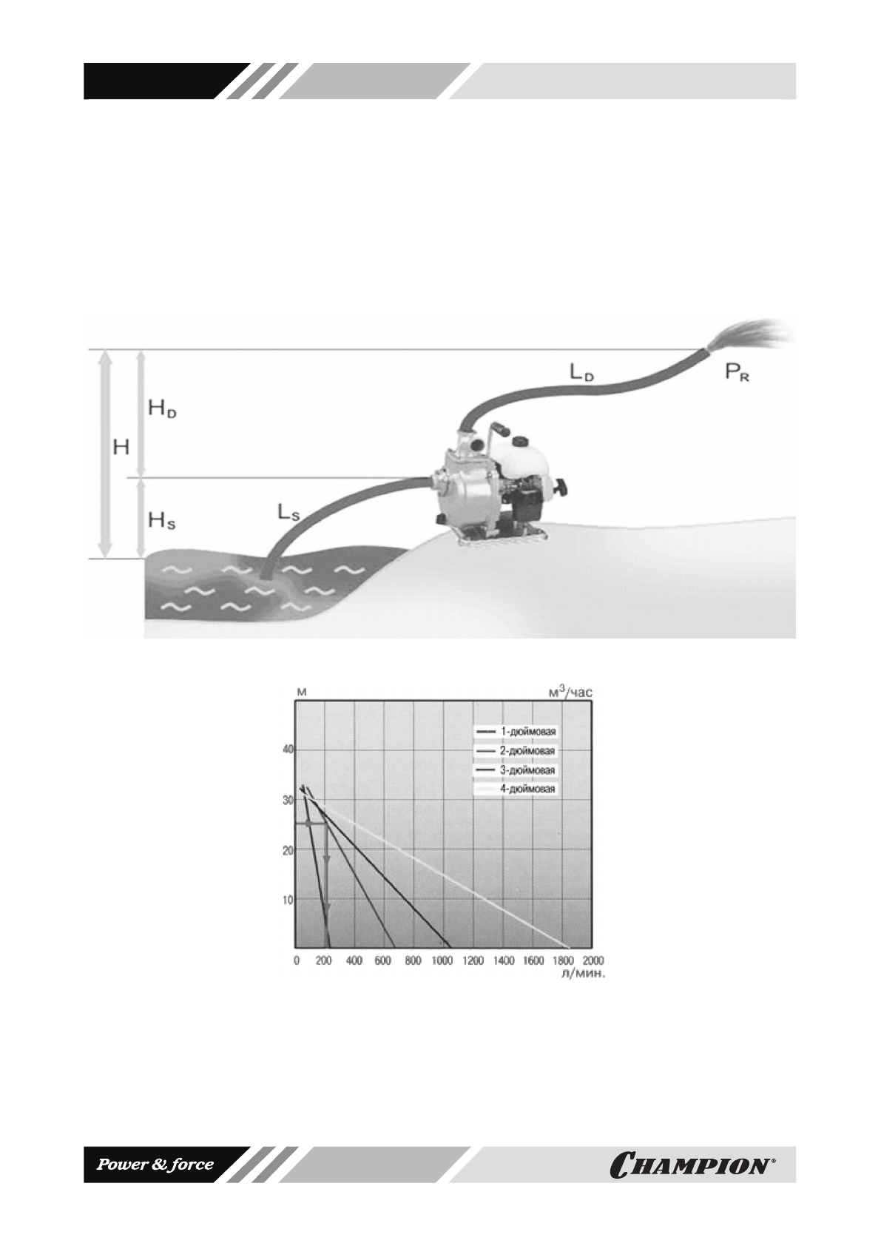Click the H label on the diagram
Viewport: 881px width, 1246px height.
[x=121, y=447]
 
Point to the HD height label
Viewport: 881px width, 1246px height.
[x=162, y=408]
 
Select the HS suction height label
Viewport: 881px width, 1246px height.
[x=162, y=521]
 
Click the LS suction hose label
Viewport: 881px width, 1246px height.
[x=288, y=512]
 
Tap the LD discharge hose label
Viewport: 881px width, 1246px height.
[x=581, y=372]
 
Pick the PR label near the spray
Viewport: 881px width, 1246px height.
[x=737, y=371]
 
